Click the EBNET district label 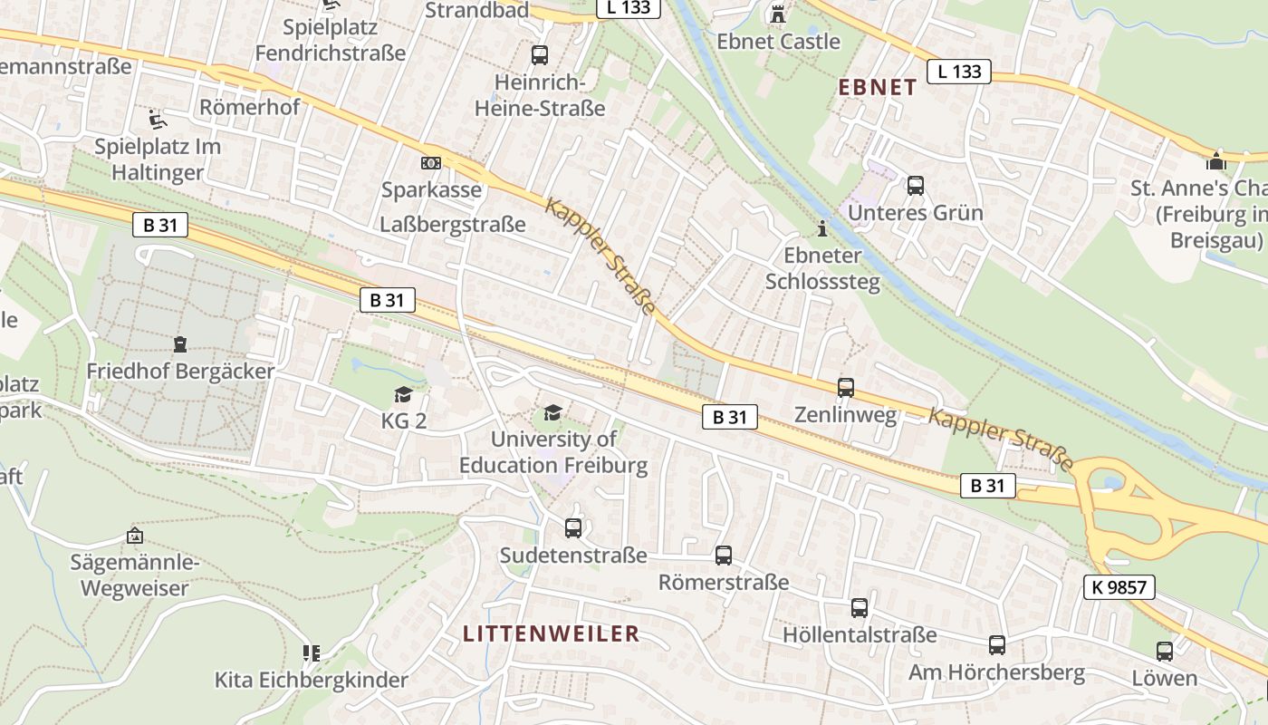click(x=878, y=88)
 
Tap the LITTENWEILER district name click(x=551, y=633)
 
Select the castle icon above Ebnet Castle click(x=777, y=14)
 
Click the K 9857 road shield click(x=1119, y=587)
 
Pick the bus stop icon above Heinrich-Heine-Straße click(x=540, y=54)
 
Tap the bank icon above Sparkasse click(x=431, y=163)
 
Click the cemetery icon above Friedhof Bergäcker click(x=180, y=344)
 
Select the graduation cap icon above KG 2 click(x=403, y=394)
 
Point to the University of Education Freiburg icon click(x=552, y=413)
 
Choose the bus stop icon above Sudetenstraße click(x=573, y=527)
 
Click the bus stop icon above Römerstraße click(x=723, y=555)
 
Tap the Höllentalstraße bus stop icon click(x=860, y=608)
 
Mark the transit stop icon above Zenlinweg click(x=845, y=388)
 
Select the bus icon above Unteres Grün click(x=916, y=186)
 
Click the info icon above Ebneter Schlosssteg click(x=822, y=228)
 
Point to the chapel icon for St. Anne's click(x=1215, y=161)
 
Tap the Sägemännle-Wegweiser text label click(x=134, y=575)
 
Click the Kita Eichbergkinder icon click(x=312, y=652)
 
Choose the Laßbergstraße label click(x=453, y=225)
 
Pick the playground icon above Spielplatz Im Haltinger click(x=158, y=119)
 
